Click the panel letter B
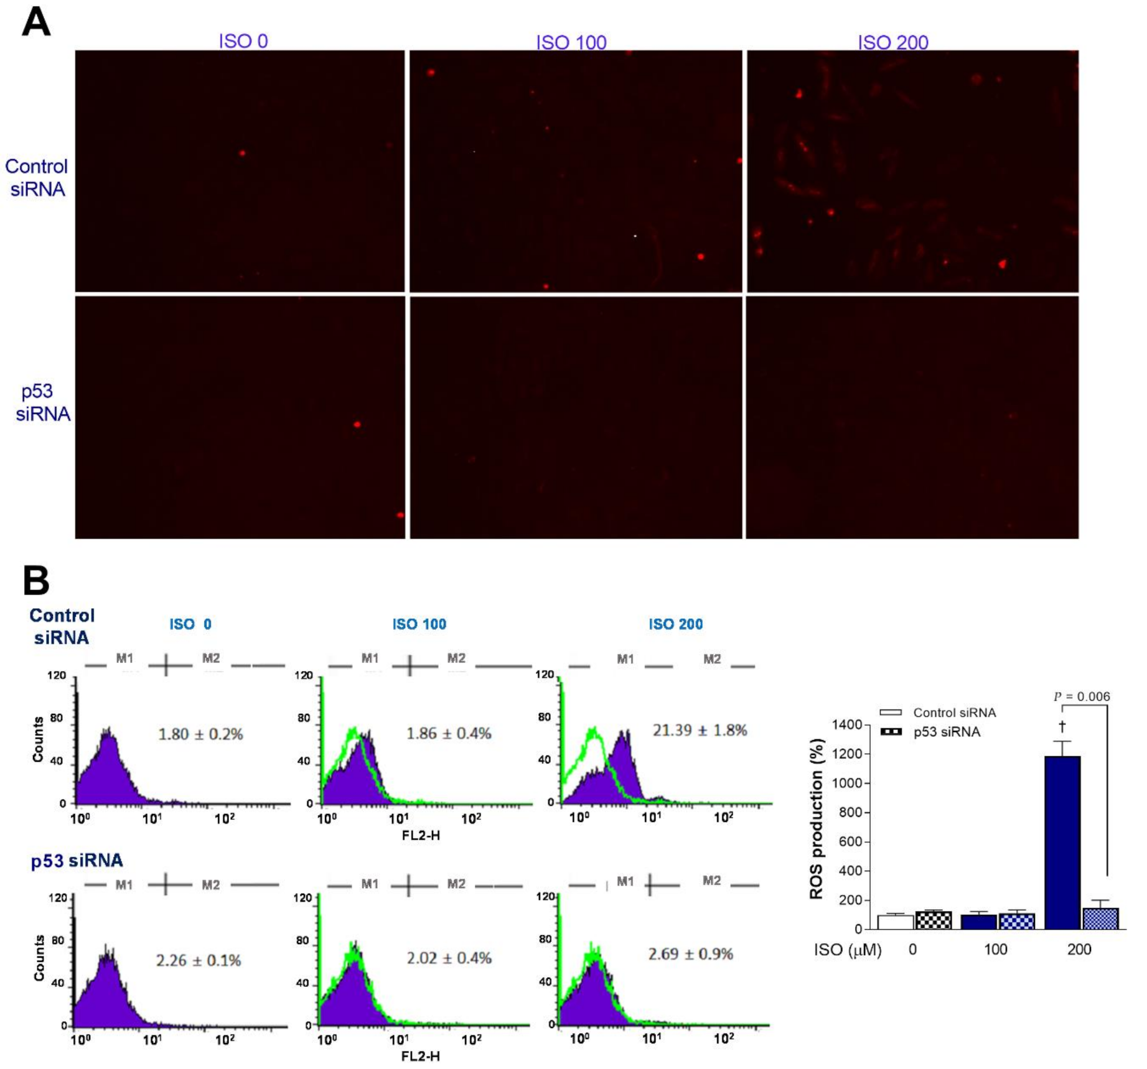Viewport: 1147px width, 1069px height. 35,580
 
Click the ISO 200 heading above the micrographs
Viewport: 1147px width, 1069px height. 892,42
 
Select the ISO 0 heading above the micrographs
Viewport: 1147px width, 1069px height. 243,41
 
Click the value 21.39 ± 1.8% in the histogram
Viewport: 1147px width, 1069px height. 700,730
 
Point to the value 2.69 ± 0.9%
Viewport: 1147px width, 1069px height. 690,954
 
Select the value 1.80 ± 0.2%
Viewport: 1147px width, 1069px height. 200,734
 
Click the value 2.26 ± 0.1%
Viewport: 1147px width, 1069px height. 198,961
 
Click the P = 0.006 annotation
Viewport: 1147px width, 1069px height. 1082,696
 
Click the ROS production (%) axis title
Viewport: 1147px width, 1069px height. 817,818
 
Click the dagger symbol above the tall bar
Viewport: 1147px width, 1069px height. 1062,726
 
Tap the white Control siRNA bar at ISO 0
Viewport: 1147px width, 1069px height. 895,922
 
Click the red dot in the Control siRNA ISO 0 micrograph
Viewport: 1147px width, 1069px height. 242,153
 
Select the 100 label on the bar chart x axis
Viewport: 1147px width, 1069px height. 995,950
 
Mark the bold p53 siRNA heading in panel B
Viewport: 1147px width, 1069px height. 77,861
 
